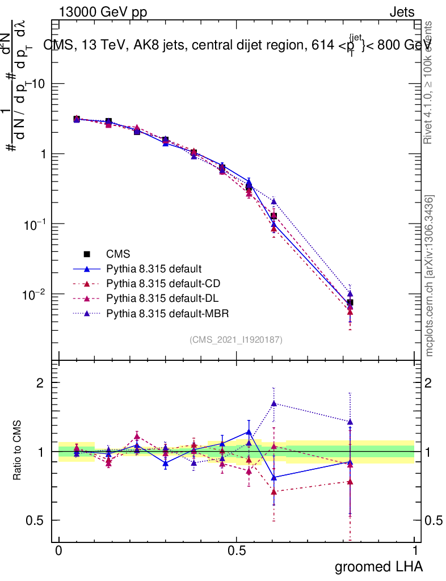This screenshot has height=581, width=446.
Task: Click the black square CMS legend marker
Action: coord(87,254)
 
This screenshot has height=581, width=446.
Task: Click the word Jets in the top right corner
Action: coord(402,12)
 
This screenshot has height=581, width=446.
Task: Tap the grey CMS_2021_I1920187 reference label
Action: coord(236,340)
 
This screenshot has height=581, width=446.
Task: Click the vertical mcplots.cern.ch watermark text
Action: coord(430,276)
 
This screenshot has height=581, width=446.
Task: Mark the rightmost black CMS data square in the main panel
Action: coord(350,302)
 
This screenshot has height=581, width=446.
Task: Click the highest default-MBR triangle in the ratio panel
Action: coord(274,403)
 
